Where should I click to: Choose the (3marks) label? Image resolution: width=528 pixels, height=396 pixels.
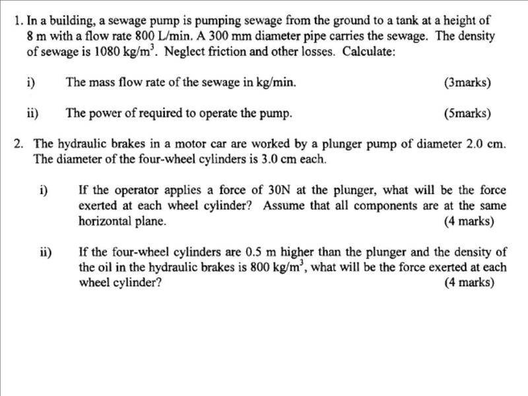pos(468,83)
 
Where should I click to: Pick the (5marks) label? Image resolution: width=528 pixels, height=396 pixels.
pos(468,114)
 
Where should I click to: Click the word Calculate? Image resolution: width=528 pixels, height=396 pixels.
pos(369,52)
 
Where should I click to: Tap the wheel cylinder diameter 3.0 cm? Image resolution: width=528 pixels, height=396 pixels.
pos(295,160)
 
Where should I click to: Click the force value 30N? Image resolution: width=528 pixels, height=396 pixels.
pos(277,190)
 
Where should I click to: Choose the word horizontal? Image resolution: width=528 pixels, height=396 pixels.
pos(104,222)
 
